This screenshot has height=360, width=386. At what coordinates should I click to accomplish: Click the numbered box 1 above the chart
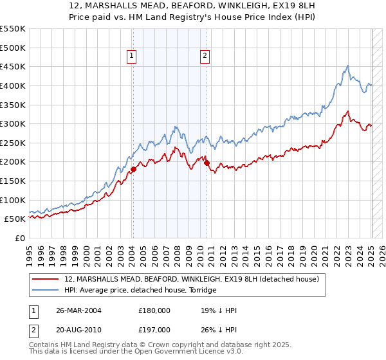pyautogui.click(x=132, y=56)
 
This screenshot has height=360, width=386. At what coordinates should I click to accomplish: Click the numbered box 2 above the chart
pyautogui.click(x=205, y=56)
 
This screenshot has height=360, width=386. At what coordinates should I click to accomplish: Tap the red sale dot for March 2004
pyautogui.click(x=133, y=170)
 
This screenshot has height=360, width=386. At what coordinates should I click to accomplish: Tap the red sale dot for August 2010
pyautogui.click(x=207, y=163)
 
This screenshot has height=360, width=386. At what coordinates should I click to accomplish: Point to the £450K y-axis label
pyautogui.click(x=14, y=67)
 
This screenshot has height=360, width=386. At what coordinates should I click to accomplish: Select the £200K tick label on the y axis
pyautogui.click(x=14, y=162)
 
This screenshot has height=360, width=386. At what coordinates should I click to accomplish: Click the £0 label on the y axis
pyautogui.click(x=20, y=239)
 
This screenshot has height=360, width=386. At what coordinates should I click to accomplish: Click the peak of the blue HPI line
pyautogui.click(x=347, y=66)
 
